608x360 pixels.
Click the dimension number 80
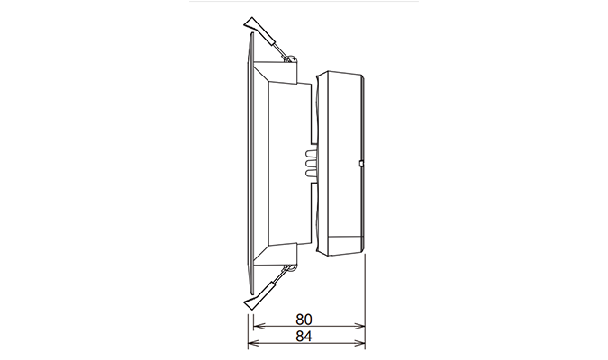pyautogui.click(x=306, y=320)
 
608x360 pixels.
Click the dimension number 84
pyautogui.click(x=306, y=337)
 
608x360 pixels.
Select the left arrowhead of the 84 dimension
pyautogui.click(x=252, y=344)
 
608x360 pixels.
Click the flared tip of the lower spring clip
pyautogui.click(x=253, y=301)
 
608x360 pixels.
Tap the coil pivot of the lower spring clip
pyautogui.click(x=291, y=265)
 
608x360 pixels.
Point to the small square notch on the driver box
pyautogui.click(x=360, y=164)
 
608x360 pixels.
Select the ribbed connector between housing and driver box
pyautogui.click(x=311, y=162)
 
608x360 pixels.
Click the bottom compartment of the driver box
pyautogui.click(x=342, y=243)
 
